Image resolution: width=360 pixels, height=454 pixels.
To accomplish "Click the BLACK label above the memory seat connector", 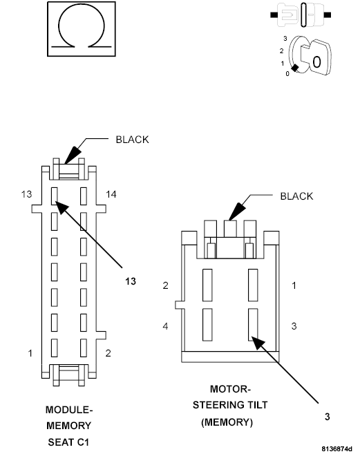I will pos(132,139).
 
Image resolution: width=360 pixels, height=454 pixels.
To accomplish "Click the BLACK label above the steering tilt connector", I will pos(296,196).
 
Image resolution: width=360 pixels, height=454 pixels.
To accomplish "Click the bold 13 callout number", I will pos(131,281).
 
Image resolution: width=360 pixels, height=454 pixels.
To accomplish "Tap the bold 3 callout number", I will pos(327,416).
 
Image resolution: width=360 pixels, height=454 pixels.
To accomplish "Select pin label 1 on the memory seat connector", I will pos(30,353).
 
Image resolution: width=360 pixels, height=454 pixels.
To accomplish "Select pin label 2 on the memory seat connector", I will pos(109,353).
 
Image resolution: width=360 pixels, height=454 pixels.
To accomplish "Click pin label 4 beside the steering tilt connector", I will pos(166,325).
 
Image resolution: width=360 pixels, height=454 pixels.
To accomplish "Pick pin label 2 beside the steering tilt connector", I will pos(166,285).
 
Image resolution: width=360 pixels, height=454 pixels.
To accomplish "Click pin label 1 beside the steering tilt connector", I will pos(294,285).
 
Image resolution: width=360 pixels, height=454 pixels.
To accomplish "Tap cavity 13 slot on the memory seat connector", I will pos(55,198).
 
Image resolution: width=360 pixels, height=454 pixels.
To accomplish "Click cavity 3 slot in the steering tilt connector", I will pos(253,325).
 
